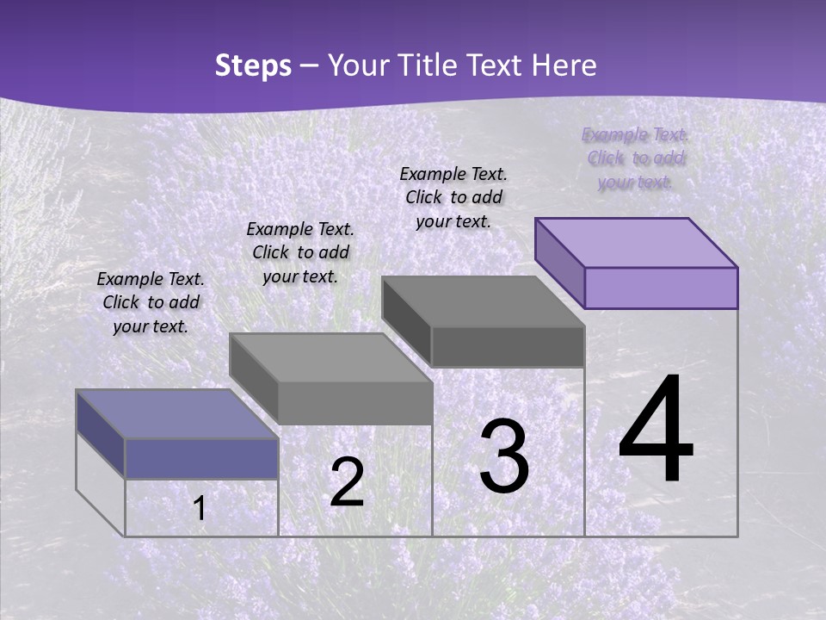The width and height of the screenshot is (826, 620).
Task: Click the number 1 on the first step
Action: pyautogui.click(x=200, y=508)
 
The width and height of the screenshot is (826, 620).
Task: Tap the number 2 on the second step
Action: pyautogui.click(x=347, y=482)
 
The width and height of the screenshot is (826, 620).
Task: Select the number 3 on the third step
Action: pyautogui.click(x=504, y=457)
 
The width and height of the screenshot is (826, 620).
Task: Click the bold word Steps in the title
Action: pyautogui.click(x=253, y=65)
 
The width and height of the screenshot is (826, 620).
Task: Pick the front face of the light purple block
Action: pyautogui.click(x=661, y=288)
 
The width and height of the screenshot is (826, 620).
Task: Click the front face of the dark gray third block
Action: pyautogui.click(x=508, y=346)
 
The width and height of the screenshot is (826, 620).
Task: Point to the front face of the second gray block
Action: pyautogui.click(x=354, y=403)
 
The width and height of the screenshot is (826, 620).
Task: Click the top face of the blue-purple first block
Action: pyautogui.click(x=177, y=414)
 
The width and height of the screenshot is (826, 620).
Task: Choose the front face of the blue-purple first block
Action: pyautogui.click(x=201, y=458)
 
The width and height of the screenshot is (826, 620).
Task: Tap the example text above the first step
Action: pyautogui.click(x=151, y=302)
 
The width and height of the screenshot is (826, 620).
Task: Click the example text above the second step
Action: pyautogui.click(x=300, y=252)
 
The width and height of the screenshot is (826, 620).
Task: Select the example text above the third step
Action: pyautogui.click(x=453, y=197)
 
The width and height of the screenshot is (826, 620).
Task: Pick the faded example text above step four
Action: pyautogui.click(x=635, y=158)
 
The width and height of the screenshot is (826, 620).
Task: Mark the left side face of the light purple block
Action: pyautogui.click(x=560, y=262)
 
